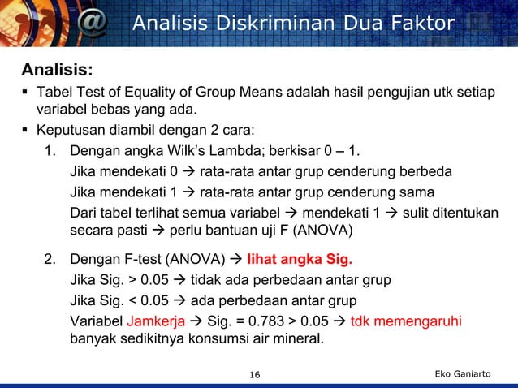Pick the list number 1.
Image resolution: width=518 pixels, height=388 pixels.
[50, 151]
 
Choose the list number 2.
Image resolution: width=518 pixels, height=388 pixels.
[50, 261]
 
